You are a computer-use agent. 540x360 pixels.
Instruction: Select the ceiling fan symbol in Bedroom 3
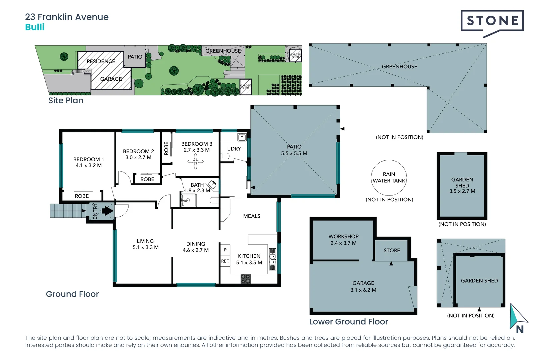(196, 162)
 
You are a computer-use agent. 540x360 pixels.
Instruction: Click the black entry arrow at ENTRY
(107, 211)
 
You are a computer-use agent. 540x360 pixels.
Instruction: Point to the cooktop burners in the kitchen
(246, 279)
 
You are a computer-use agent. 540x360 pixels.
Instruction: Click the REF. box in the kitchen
(225, 261)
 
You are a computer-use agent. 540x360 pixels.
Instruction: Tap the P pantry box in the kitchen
(225, 250)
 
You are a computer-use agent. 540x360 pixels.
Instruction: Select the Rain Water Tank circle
(389, 178)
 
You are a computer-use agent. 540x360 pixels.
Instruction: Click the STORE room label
(392, 250)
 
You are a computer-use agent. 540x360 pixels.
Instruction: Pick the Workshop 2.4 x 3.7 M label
(343, 240)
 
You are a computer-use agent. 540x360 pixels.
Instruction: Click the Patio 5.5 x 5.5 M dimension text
(294, 153)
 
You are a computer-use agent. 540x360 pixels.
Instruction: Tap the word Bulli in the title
(35, 27)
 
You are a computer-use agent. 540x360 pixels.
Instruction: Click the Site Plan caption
(66, 100)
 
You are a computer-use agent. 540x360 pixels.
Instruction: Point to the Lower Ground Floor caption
(348, 322)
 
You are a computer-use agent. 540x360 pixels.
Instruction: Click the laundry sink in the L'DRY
(242, 137)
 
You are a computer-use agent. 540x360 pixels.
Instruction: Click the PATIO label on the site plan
(135, 57)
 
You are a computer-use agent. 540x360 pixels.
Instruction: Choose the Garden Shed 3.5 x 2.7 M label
(462, 185)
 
